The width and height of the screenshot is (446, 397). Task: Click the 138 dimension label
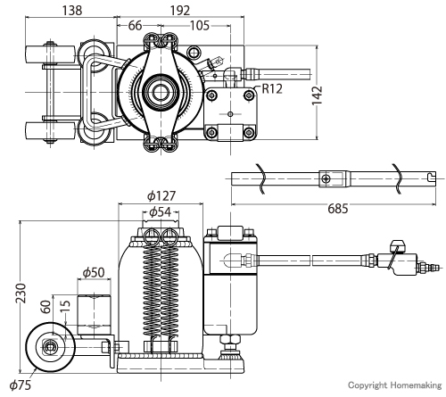(72, 11)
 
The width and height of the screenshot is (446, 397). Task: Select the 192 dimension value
(180, 11)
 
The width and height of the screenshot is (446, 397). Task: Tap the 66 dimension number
(135, 26)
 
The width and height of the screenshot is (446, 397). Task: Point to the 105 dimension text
(200, 26)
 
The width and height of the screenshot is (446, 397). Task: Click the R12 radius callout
(272, 88)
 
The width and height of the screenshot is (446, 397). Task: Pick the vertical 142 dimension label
(318, 95)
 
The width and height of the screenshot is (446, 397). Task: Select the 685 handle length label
(338, 209)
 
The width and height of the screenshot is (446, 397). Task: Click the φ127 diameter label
(161, 196)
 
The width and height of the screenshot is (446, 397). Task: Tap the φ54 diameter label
(161, 212)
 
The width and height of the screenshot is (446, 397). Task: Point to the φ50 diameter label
(94, 272)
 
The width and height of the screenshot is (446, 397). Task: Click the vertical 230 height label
(21, 294)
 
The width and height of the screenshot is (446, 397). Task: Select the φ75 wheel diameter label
(21, 385)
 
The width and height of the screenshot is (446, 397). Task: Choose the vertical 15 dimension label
(65, 306)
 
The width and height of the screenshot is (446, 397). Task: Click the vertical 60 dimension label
(45, 307)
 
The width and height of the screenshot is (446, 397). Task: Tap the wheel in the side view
(50, 347)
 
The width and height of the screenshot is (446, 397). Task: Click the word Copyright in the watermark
(368, 385)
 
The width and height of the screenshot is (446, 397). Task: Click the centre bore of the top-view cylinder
(161, 93)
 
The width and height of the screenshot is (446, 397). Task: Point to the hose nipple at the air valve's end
(433, 269)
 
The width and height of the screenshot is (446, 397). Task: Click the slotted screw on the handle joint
(326, 179)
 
